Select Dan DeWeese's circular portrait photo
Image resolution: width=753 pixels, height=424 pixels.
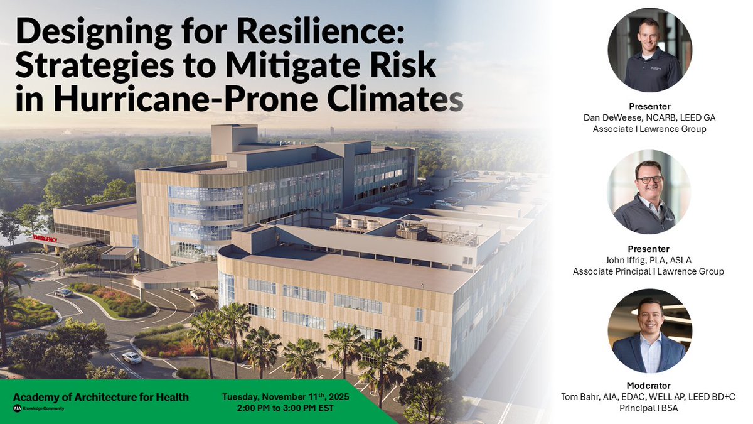point(649,50)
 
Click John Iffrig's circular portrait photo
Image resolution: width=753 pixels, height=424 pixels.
point(649,192)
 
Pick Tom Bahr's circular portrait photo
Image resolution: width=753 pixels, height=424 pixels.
point(649,331)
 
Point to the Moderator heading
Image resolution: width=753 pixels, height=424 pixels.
point(648,385)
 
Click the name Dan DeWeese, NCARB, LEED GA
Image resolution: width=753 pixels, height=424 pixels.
point(649,117)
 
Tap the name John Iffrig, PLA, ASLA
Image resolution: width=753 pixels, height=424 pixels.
point(649,260)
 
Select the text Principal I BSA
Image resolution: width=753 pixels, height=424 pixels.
point(649,407)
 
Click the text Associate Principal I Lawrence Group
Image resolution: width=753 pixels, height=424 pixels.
point(649,271)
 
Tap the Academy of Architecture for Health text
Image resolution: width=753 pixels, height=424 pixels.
point(101,397)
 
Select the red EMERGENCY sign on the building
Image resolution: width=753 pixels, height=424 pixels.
point(45,239)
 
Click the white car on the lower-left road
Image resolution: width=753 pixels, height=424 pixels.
point(132,357)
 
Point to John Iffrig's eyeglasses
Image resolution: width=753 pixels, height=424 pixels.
point(649,180)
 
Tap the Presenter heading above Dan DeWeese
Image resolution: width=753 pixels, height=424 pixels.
point(649,106)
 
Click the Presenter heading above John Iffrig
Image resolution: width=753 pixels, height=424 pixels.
point(649,249)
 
